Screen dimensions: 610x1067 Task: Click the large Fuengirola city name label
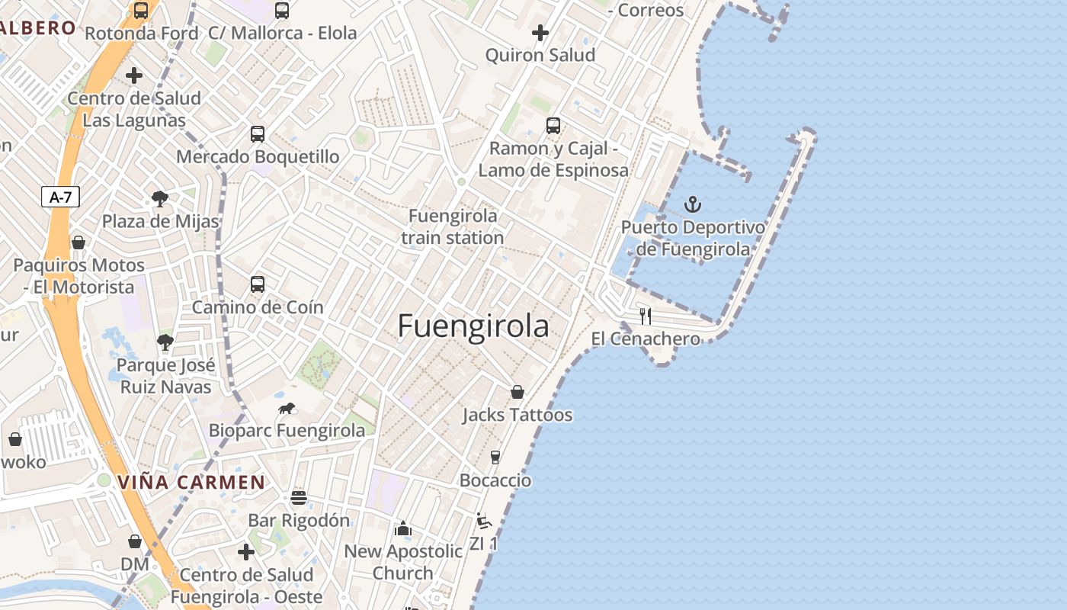(473, 326)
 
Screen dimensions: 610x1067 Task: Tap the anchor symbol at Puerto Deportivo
(693, 204)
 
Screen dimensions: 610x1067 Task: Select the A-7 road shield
(60, 197)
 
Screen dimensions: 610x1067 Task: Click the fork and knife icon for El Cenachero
(646, 316)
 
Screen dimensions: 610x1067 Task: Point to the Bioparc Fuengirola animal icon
(287, 409)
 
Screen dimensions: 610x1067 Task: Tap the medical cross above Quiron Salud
(540, 33)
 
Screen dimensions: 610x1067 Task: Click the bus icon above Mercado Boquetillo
(258, 134)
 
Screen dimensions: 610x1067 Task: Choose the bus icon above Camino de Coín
(258, 284)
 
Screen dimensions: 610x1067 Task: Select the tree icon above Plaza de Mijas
(160, 199)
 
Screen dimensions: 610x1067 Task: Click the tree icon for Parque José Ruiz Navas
(165, 342)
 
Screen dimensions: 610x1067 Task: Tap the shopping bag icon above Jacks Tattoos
(517, 392)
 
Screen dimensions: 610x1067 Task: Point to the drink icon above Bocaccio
(495, 457)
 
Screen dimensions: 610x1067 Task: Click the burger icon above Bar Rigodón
(299, 498)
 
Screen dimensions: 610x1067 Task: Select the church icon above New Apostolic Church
(402, 528)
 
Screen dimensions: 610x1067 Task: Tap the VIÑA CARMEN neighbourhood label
(191, 483)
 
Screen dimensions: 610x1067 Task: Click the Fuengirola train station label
(453, 226)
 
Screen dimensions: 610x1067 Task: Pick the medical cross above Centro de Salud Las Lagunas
(134, 75)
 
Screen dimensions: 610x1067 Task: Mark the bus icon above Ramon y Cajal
(553, 125)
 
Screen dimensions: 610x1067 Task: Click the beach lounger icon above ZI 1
(483, 521)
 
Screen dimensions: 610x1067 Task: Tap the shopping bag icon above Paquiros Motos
(79, 242)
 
